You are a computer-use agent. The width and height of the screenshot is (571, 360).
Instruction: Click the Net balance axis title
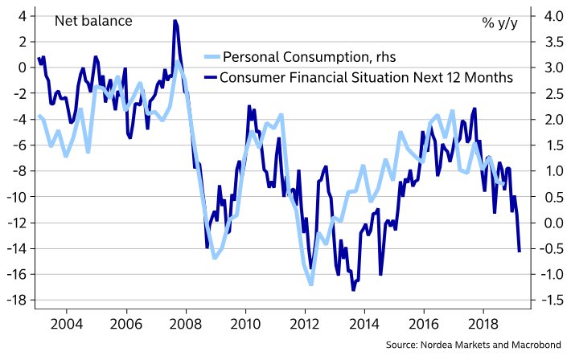pos(92,21)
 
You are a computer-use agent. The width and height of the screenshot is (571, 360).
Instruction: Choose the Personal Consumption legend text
pos(309,57)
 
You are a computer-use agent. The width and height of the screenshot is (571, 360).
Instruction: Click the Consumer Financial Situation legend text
pos(366,78)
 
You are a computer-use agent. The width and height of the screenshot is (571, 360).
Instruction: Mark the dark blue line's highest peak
pos(175,21)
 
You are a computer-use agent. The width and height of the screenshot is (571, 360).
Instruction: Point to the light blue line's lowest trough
pos(310,284)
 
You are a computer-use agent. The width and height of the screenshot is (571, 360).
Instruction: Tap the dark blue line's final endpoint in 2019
pos(520,252)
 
